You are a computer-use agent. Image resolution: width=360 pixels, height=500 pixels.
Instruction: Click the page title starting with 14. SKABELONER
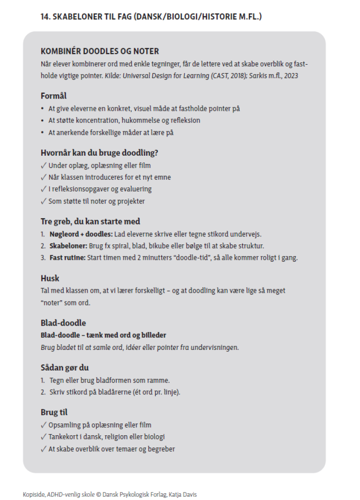point(151,17)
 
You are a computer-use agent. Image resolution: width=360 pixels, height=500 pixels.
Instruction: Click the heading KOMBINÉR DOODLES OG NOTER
point(100,51)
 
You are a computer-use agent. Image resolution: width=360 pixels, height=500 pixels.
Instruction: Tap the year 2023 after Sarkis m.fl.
point(290,75)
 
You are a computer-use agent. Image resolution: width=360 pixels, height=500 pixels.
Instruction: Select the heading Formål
point(53,96)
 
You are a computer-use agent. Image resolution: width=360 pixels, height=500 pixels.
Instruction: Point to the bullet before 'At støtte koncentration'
point(43,121)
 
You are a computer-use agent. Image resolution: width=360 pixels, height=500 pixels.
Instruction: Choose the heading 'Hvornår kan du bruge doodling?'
point(98,153)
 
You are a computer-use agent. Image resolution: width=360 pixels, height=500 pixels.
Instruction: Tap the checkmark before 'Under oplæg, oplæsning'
point(44,166)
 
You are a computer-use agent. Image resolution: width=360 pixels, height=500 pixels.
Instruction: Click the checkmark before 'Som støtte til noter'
point(44,201)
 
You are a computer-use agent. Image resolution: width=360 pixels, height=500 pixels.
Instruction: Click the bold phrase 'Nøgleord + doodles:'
point(78,234)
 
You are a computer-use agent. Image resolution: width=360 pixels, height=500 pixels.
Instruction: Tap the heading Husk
point(50,278)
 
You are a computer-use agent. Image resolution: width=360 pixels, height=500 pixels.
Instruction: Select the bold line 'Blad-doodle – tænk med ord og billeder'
point(103,335)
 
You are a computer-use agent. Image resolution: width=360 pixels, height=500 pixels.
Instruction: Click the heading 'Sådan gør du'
point(65,368)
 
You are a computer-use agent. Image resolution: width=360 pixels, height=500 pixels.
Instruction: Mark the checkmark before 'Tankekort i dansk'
point(44,437)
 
